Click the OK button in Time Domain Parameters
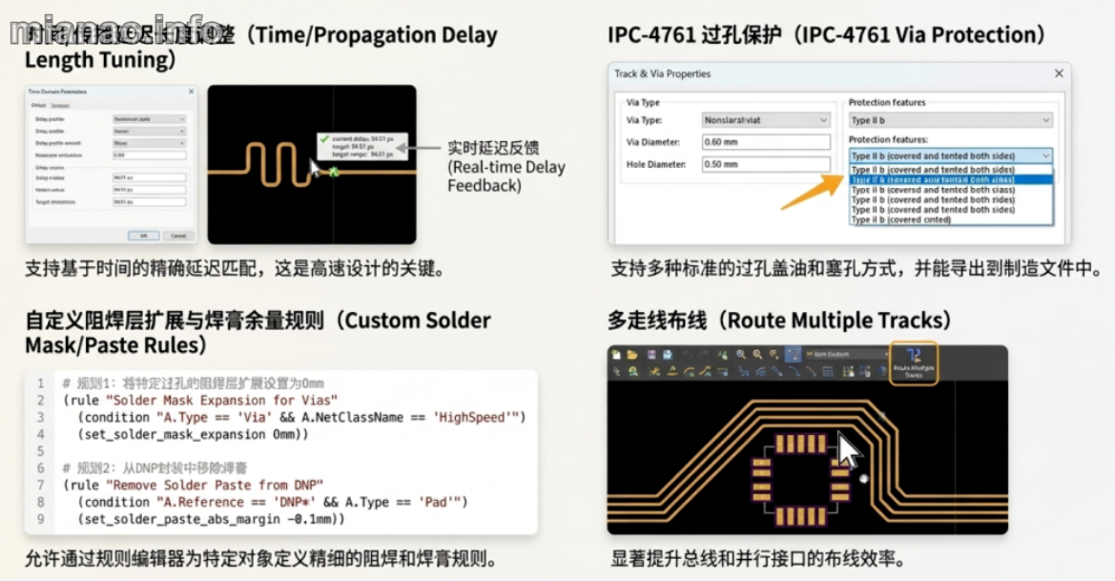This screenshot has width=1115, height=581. (x=144, y=235)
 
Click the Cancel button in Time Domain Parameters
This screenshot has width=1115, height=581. (x=177, y=235)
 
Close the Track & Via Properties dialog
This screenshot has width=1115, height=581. (x=1059, y=73)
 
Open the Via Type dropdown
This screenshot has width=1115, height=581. (x=766, y=120)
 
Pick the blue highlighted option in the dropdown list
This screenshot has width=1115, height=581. (x=951, y=179)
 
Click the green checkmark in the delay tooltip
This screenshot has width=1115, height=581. (x=324, y=139)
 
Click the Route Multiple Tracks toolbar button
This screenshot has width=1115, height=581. (x=914, y=363)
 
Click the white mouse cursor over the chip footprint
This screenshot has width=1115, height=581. (x=847, y=448)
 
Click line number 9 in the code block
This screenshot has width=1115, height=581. (x=41, y=519)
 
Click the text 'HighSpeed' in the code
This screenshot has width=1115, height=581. (x=478, y=417)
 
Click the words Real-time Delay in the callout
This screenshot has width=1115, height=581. (x=506, y=167)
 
